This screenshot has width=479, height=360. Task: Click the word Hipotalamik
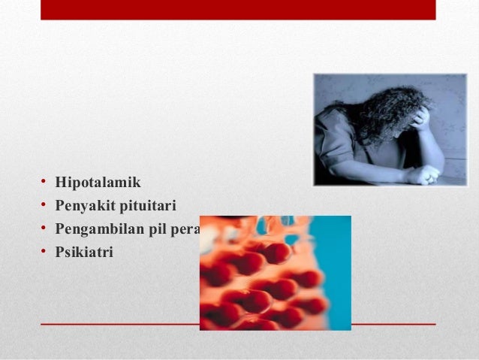pos(98,182)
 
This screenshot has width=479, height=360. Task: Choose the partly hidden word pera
pos(185,229)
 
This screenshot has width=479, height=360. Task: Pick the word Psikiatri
pos(84,253)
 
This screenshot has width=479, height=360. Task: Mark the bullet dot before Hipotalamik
pos(44,182)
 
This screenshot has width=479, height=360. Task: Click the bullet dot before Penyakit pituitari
pos(44,205)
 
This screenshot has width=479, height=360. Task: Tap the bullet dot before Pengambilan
pos(44,229)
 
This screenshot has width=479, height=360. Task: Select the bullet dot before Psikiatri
pos(44,253)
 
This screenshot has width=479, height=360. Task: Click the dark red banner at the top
pos(238,10)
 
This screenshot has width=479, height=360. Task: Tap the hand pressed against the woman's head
pos(421,116)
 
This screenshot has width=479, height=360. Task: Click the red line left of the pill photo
pos(120,324)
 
